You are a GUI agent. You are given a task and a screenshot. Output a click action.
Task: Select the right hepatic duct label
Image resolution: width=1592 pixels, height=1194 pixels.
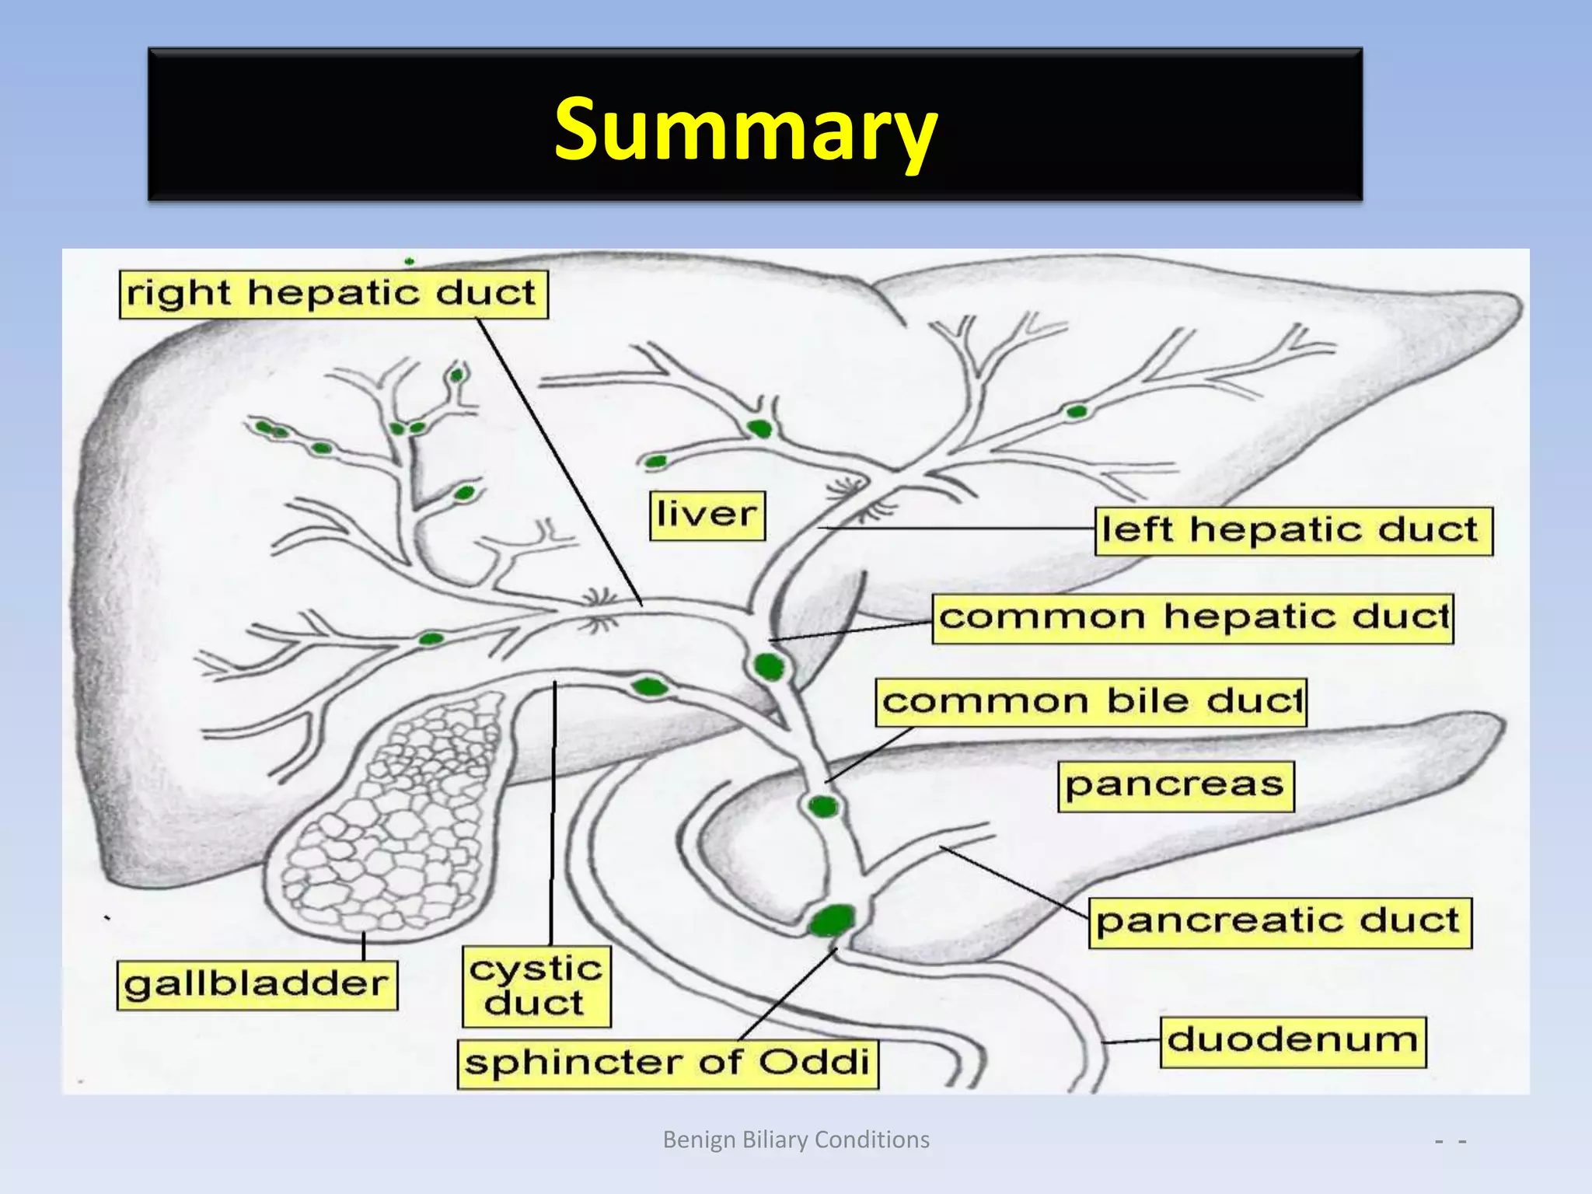[x=333, y=295]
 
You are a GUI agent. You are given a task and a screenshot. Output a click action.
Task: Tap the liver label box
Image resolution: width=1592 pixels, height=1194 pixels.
[x=707, y=515]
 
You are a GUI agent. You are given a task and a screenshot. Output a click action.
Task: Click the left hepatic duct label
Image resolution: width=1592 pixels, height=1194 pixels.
[x=1293, y=532]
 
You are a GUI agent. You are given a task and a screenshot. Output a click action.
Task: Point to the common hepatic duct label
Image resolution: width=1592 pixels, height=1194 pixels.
[x=1192, y=619]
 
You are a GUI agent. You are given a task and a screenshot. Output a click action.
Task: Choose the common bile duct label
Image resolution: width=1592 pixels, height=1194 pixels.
[x=1091, y=703]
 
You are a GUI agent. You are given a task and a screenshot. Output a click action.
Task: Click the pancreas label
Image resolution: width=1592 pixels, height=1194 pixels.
[x=1175, y=786]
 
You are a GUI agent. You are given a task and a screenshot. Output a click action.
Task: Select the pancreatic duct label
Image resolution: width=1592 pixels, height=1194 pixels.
[x=1279, y=923]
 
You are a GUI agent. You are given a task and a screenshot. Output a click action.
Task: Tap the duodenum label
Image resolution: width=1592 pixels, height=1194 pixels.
[x=1293, y=1042]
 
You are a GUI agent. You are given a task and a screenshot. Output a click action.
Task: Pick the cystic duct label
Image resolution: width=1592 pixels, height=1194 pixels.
[x=536, y=986]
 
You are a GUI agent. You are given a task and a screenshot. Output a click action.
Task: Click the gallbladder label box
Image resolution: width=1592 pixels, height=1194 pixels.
[x=257, y=985]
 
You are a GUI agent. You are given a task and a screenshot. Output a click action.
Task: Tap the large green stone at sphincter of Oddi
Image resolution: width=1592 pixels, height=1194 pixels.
[x=832, y=921]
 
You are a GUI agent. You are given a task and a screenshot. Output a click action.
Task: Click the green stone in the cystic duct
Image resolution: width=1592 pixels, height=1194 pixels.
[x=648, y=687]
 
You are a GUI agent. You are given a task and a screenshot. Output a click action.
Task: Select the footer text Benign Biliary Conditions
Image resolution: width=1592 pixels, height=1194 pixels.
[x=795, y=1140]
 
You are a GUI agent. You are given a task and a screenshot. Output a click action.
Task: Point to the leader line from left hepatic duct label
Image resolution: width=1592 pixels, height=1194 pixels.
[x=956, y=529]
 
